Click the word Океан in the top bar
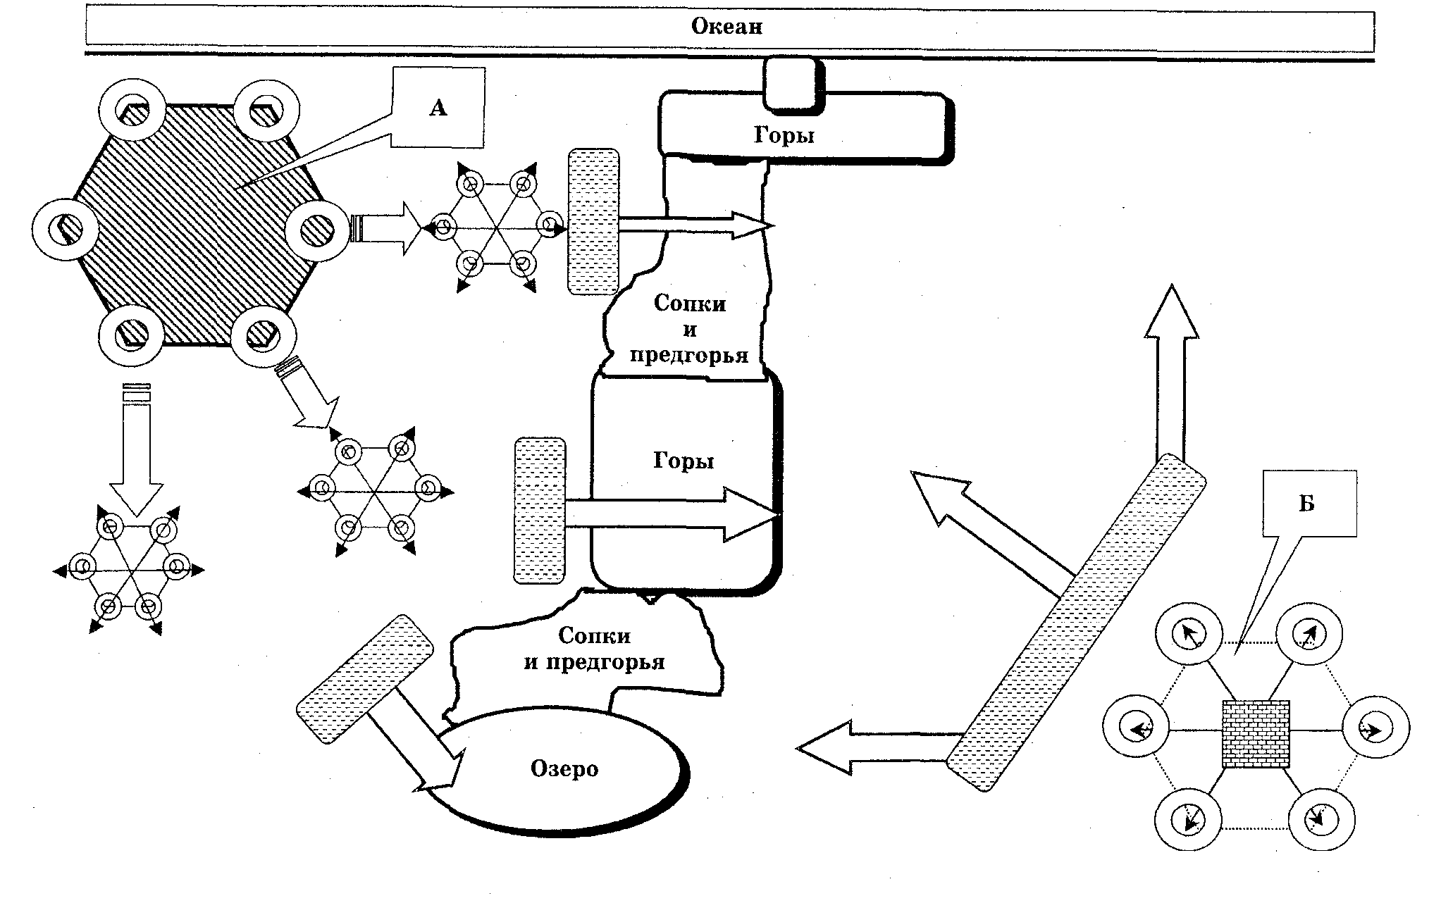[726, 27]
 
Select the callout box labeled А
[438, 108]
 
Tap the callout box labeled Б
[1309, 503]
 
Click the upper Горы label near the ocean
[784, 135]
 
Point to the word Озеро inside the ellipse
[564, 768]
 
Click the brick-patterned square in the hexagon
[1256, 734]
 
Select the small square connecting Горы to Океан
[794, 84]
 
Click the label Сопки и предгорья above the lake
[595, 649]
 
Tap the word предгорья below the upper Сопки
[688, 354]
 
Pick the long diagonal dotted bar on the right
[1075, 622]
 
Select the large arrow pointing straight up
[1170, 373]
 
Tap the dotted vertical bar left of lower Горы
[540, 511]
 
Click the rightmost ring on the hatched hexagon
[318, 230]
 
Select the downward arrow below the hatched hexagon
[136, 451]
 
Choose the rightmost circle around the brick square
[1376, 730]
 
